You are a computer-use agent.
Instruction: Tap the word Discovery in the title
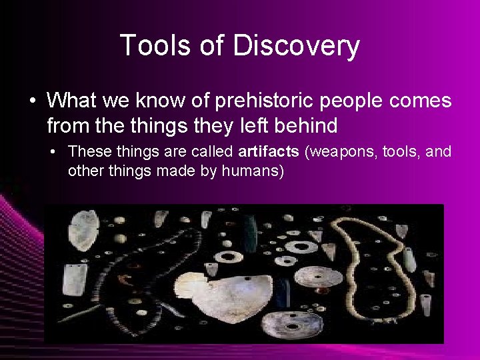297,46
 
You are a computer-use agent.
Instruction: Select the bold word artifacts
268,152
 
